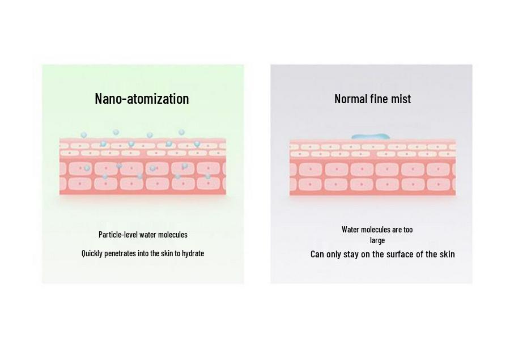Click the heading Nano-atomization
[142, 99]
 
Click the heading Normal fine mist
[372, 99]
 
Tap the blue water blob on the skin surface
[371, 137]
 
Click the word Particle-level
[118, 235]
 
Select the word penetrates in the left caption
[120, 253]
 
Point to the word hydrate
[193, 253]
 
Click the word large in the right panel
[377, 240]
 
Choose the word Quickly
[92, 253]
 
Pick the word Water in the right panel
[350, 230]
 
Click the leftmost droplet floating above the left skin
[84, 135]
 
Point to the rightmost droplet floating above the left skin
[181, 132]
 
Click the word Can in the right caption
[317, 254]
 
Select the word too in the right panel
[408, 230]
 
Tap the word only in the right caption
[334, 255]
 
